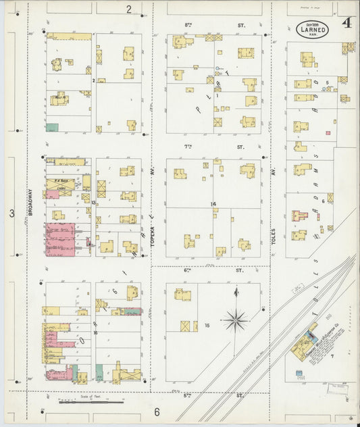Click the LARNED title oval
tap(313, 29)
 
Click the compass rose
tap(236, 319)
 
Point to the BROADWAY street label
tap(31, 202)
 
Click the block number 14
tap(213, 203)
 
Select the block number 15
tap(207, 326)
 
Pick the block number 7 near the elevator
tap(332, 355)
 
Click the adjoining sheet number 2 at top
tap(128, 9)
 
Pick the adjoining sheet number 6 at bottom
tap(156, 411)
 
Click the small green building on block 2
tap(51, 127)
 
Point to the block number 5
tap(328, 82)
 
